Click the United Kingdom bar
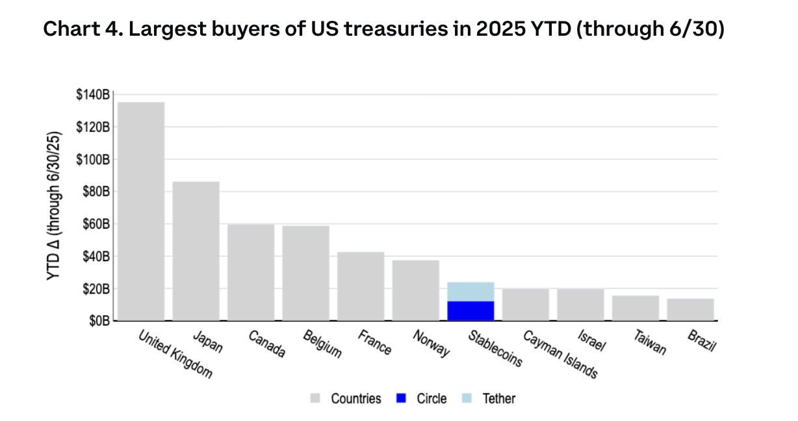click(x=141, y=211)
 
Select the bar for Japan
click(x=196, y=251)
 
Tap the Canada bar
click(x=251, y=272)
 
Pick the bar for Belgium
click(x=305, y=273)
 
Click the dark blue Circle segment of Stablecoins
click(x=470, y=311)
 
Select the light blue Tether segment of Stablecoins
click(x=470, y=292)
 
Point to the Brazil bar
click(x=690, y=309)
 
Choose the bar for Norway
click(x=416, y=290)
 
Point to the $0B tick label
click(x=99, y=321)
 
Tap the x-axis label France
click(x=375, y=342)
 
